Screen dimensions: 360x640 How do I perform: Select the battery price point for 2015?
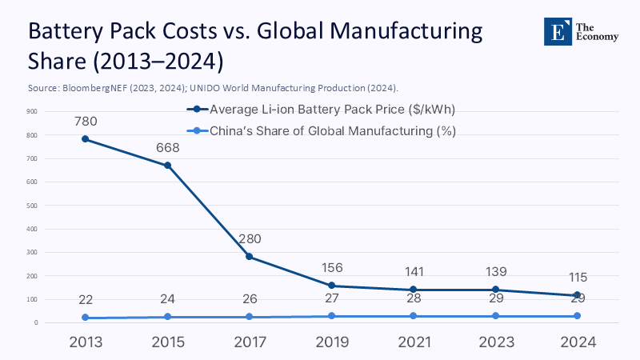pyautogui.click(x=168, y=166)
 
